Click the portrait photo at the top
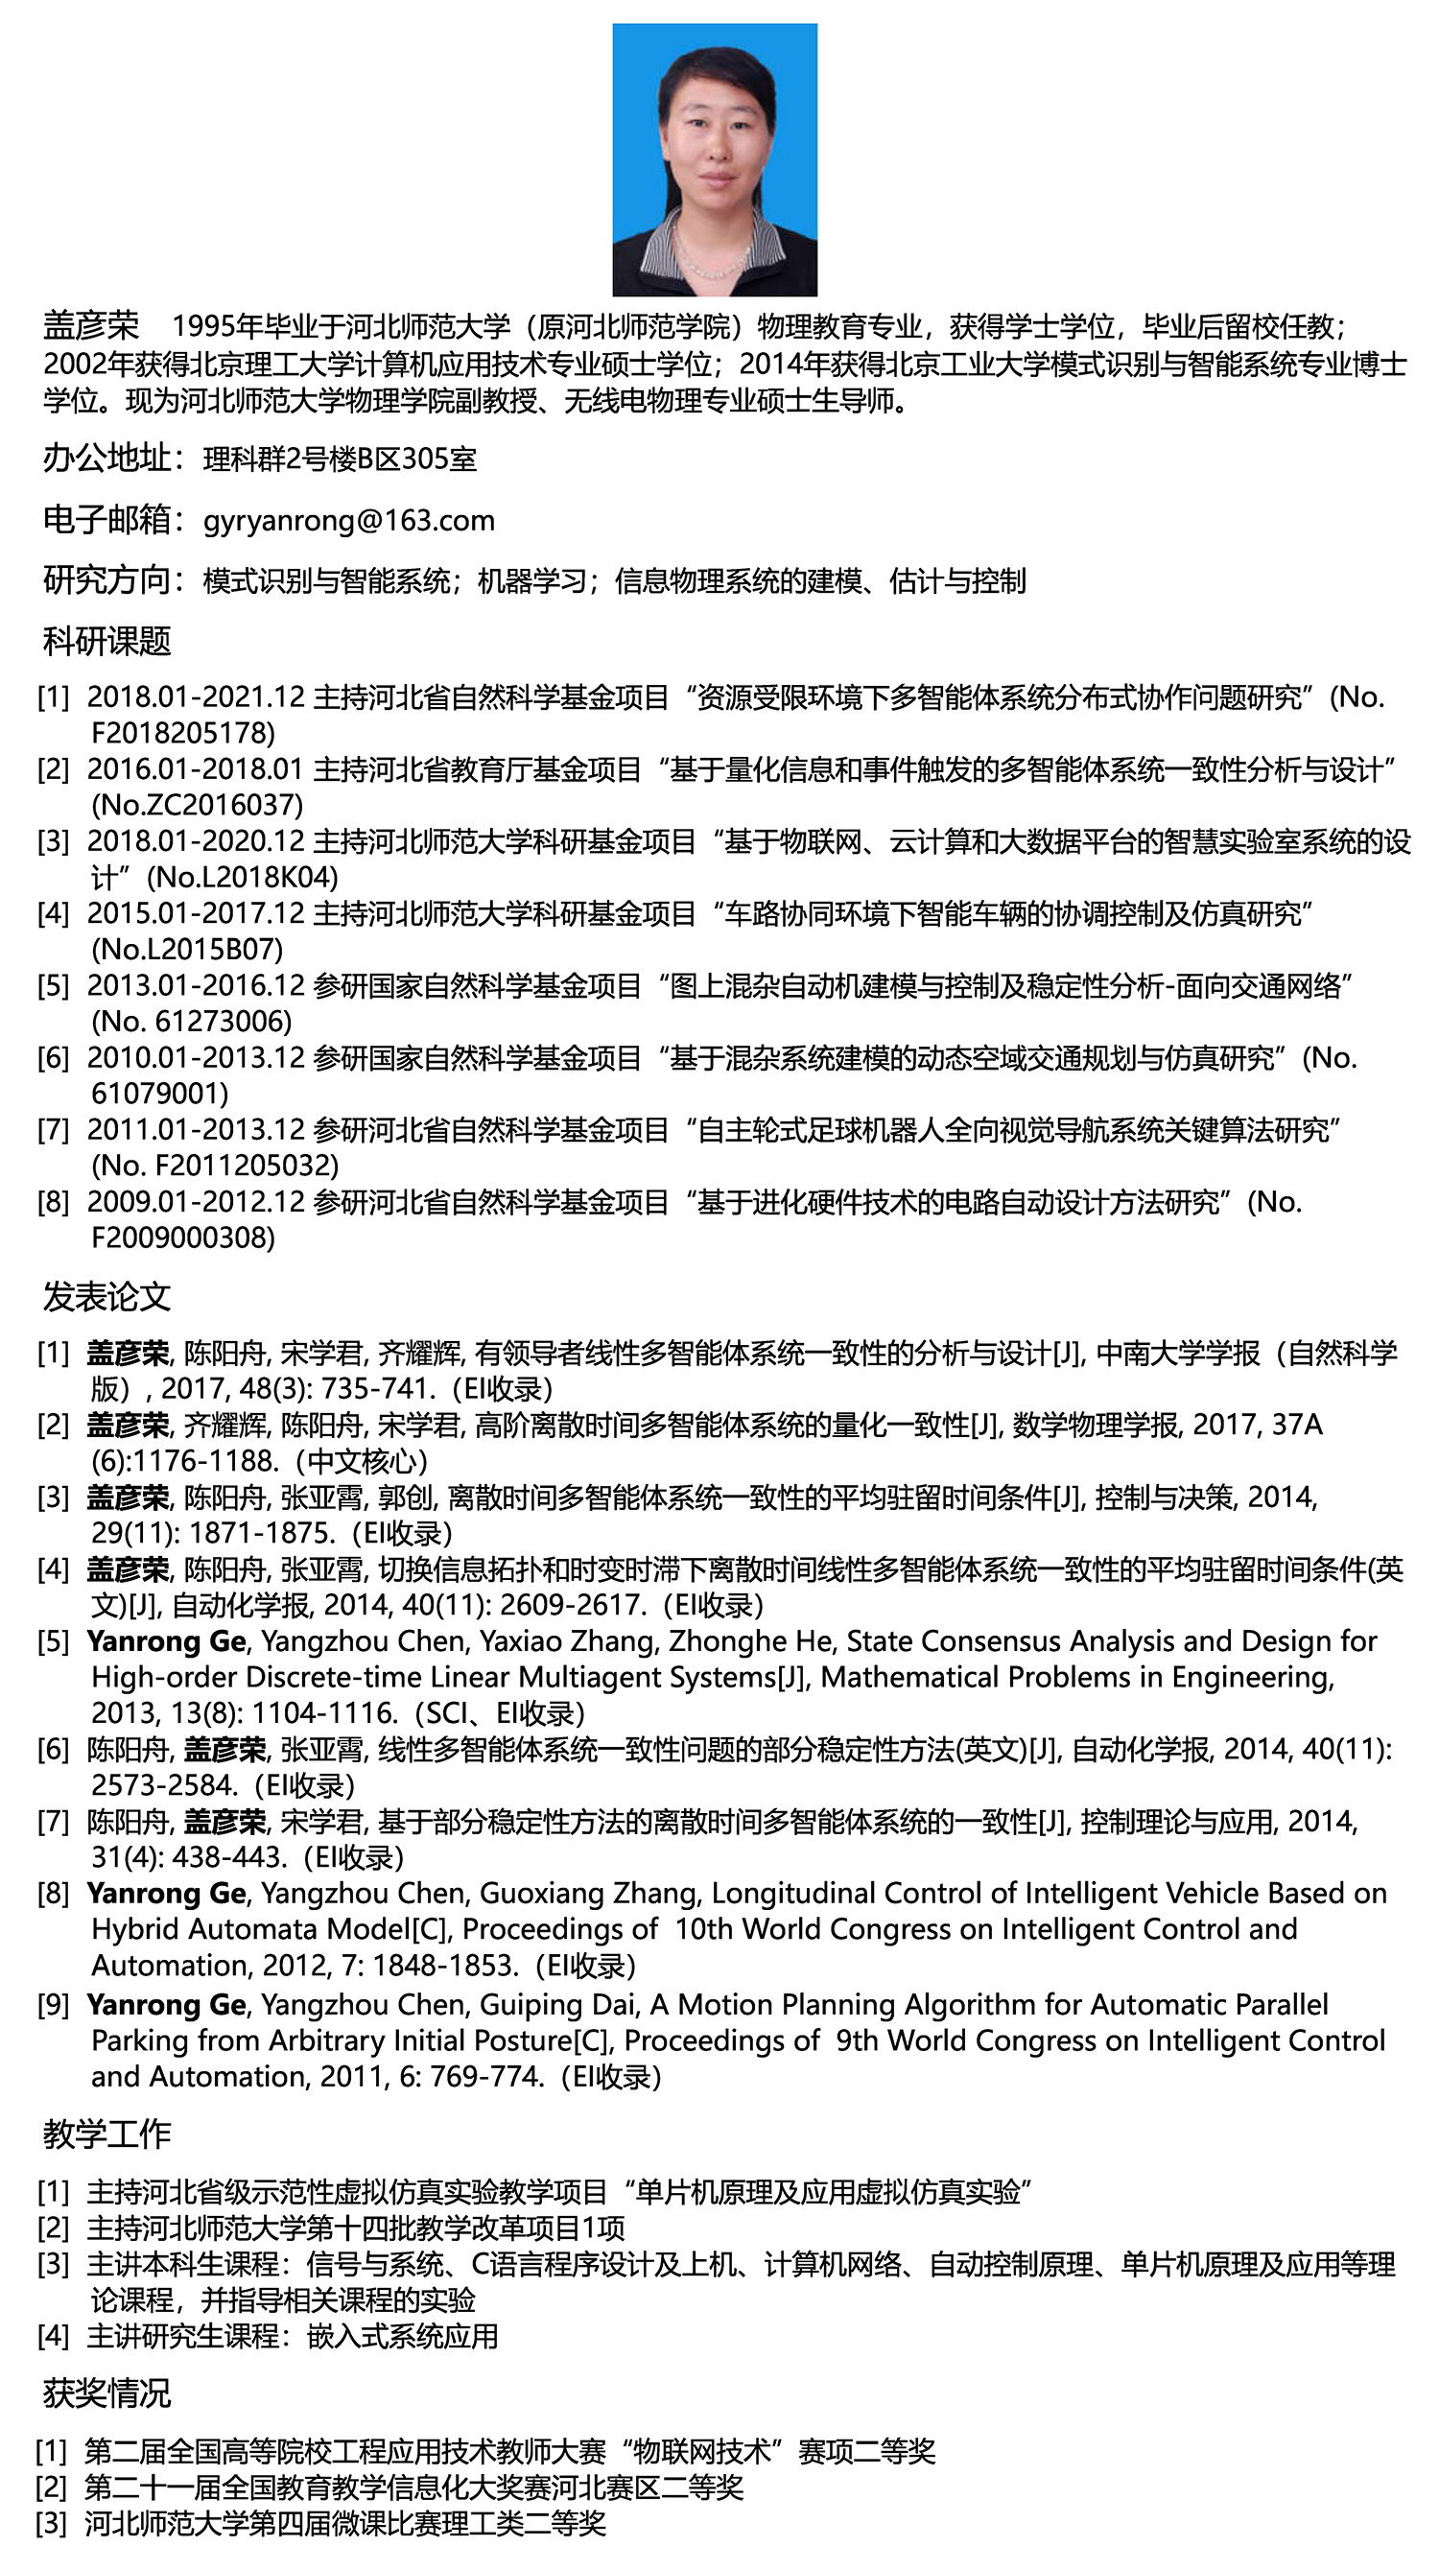(715, 159)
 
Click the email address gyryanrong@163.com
(349, 521)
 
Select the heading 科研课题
(106, 642)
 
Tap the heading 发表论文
(106, 1298)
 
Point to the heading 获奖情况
(106, 2393)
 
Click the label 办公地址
(106, 459)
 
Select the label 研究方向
(106, 580)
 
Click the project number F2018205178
(182, 733)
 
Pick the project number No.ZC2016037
(197, 805)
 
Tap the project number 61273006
(223, 1022)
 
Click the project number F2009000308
(182, 1238)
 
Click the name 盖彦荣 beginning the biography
(91, 326)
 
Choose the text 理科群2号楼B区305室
(341, 459)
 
